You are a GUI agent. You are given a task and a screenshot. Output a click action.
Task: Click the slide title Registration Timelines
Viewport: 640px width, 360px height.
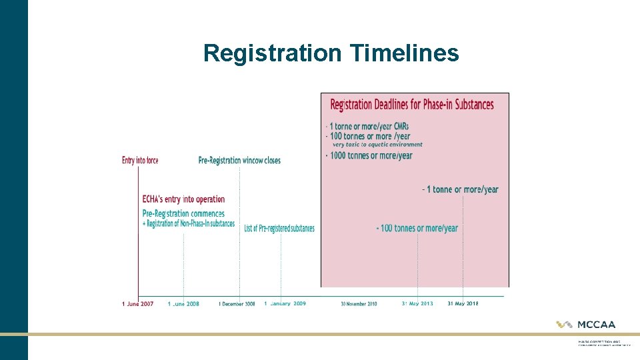pyautogui.click(x=331, y=53)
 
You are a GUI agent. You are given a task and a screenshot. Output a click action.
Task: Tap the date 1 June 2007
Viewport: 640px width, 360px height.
pyautogui.click(x=138, y=304)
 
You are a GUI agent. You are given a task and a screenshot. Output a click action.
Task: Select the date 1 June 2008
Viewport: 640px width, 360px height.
pyautogui.click(x=184, y=304)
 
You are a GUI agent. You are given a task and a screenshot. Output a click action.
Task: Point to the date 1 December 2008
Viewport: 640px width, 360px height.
pyautogui.click(x=237, y=304)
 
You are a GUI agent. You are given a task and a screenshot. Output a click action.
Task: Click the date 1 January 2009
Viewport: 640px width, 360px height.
pyautogui.click(x=285, y=304)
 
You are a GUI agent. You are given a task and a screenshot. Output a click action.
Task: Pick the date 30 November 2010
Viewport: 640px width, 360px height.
pyautogui.click(x=359, y=304)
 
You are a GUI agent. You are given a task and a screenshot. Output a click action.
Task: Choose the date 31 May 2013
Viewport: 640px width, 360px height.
pyautogui.click(x=417, y=304)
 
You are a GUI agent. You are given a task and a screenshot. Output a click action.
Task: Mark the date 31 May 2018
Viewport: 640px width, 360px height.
pyautogui.click(x=463, y=304)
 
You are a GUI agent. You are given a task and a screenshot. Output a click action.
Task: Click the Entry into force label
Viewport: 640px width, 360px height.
pyautogui.click(x=140, y=161)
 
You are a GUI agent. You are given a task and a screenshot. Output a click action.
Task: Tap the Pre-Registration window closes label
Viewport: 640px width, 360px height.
pyautogui.click(x=239, y=161)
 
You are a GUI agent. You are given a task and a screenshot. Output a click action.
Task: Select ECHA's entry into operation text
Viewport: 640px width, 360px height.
pyautogui.click(x=184, y=199)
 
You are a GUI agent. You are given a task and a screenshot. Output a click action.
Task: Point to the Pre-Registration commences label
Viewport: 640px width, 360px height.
pyautogui.click(x=184, y=213)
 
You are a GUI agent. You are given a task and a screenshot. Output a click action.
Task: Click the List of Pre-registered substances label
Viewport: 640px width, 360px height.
pyautogui.click(x=279, y=229)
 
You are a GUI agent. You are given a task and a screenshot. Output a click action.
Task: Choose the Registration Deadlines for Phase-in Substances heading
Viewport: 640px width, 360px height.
pyautogui.click(x=412, y=105)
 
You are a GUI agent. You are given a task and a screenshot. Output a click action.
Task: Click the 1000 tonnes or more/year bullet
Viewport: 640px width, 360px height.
pyautogui.click(x=369, y=156)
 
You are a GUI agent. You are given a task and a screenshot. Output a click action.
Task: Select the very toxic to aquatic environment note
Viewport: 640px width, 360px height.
pyautogui.click(x=377, y=145)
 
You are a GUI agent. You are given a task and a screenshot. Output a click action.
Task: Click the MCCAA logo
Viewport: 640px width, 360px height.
pyautogui.click(x=587, y=325)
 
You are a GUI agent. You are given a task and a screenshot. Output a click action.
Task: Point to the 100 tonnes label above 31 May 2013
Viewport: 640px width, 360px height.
pyautogui.click(x=417, y=228)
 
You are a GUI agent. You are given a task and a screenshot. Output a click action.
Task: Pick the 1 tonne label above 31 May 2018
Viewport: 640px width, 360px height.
pyautogui.click(x=461, y=189)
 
